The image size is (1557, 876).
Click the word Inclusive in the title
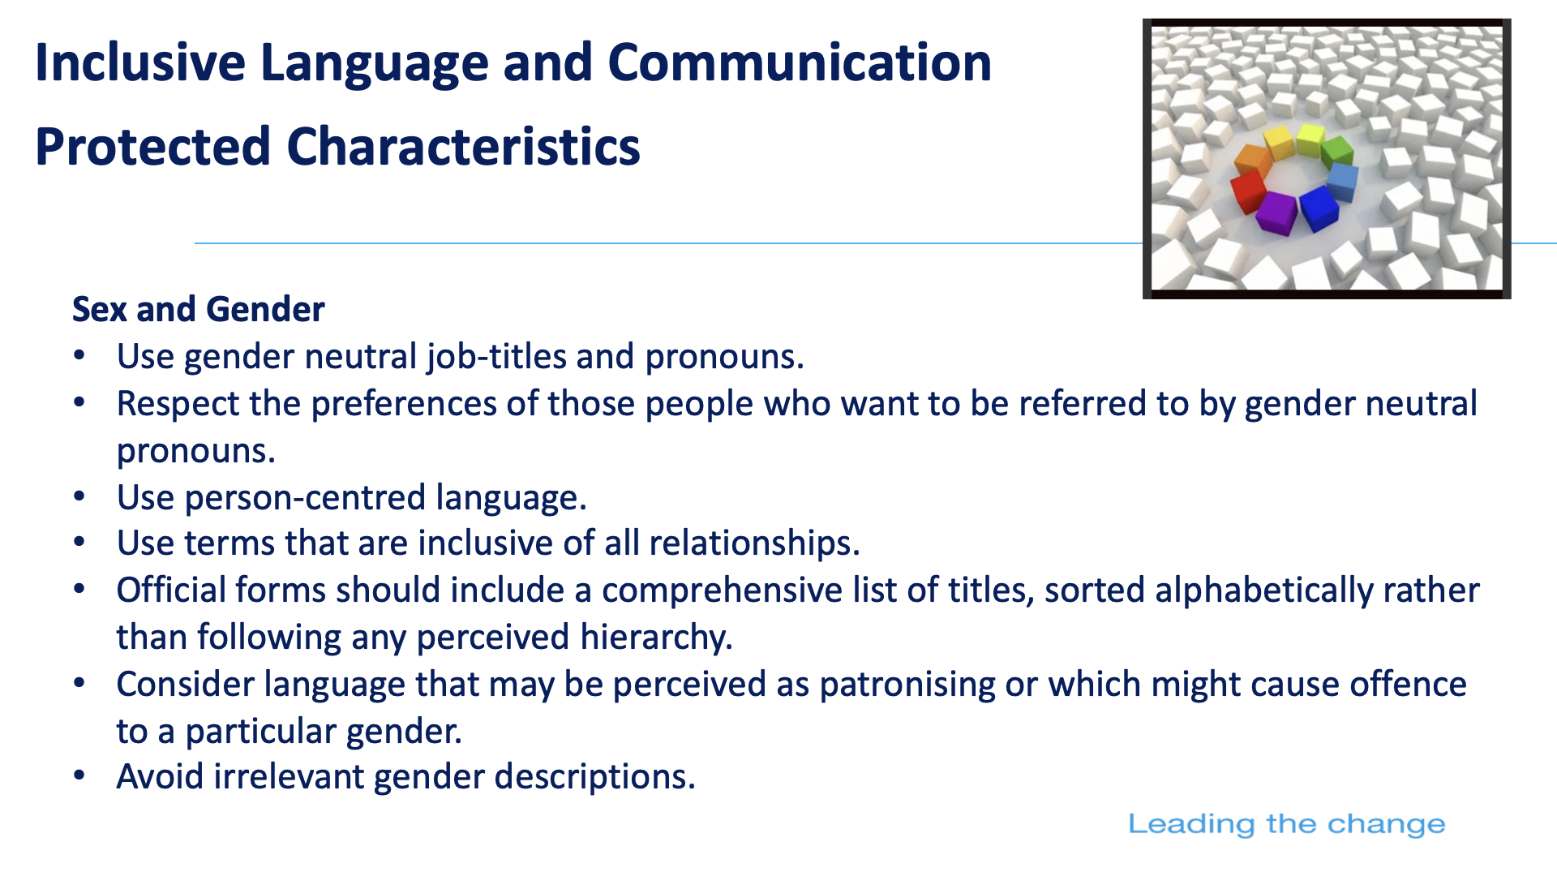(x=140, y=62)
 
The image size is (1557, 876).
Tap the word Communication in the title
(x=800, y=62)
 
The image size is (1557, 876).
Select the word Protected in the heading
(x=152, y=147)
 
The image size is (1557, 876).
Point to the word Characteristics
(x=464, y=147)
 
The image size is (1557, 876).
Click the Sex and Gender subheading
(x=199, y=310)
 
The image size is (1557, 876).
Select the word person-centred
(x=305, y=498)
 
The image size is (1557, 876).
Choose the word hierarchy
(x=656, y=638)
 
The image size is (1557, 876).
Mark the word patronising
(x=907, y=685)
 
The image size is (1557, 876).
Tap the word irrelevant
(x=289, y=777)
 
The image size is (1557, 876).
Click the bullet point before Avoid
(x=79, y=776)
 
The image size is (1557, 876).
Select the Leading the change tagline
(x=1287, y=824)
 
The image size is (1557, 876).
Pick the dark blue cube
(x=1319, y=208)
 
